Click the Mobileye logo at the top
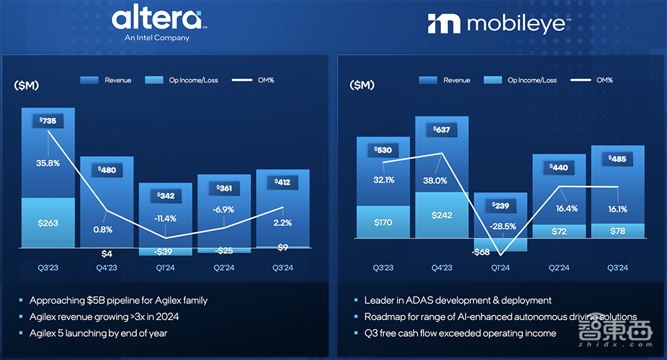click(498, 24)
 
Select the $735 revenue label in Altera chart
click(48, 121)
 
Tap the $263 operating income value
click(48, 223)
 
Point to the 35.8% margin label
click(48, 163)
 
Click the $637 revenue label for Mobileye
click(442, 129)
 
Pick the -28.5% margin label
click(500, 226)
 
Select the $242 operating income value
click(442, 215)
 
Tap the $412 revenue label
click(283, 182)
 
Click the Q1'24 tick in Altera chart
click(165, 267)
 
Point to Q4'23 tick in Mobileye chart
click(442, 267)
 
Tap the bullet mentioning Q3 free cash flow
click(460, 333)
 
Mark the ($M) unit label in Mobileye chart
click(362, 85)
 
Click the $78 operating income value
click(618, 231)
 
